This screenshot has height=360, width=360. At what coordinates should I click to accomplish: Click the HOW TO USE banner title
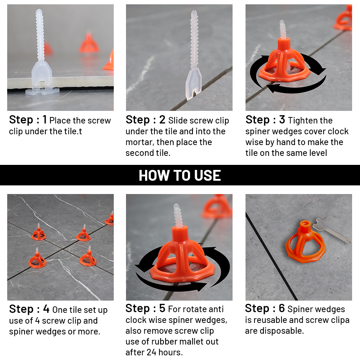180,175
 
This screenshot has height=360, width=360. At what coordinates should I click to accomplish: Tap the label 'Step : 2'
145,120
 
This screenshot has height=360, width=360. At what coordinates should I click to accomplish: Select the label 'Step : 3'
265,120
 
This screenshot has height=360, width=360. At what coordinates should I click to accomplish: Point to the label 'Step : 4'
29,309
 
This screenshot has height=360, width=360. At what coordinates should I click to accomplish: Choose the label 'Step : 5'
145,309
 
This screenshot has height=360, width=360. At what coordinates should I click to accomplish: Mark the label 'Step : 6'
265,309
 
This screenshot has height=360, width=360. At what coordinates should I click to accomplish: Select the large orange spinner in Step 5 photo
180,252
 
